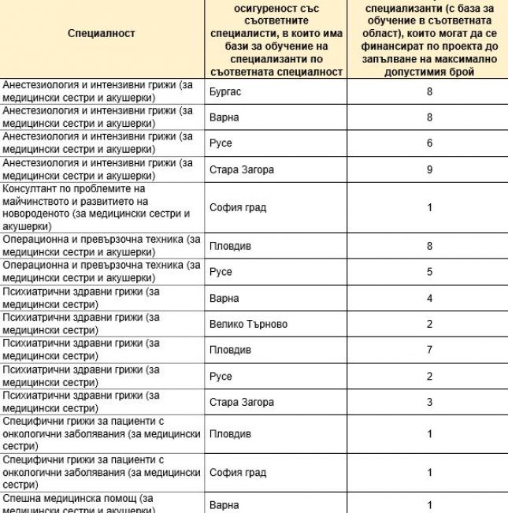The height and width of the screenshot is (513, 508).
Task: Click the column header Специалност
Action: click(102, 33)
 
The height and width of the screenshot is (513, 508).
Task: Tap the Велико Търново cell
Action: click(248, 324)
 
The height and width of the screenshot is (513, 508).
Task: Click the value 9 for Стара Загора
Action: click(429, 169)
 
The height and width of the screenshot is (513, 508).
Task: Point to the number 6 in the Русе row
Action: click(429, 143)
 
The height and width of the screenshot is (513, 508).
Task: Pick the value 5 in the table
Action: click(429, 272)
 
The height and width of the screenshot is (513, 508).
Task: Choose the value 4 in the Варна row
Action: click(429, 299)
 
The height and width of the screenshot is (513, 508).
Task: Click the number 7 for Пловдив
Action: click(429, 349)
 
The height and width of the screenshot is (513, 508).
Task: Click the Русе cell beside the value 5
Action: click(221, 272)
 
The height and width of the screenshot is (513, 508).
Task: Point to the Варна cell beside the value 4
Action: click(224, 299)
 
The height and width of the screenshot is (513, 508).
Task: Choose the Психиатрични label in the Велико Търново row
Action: click(39, 318)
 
